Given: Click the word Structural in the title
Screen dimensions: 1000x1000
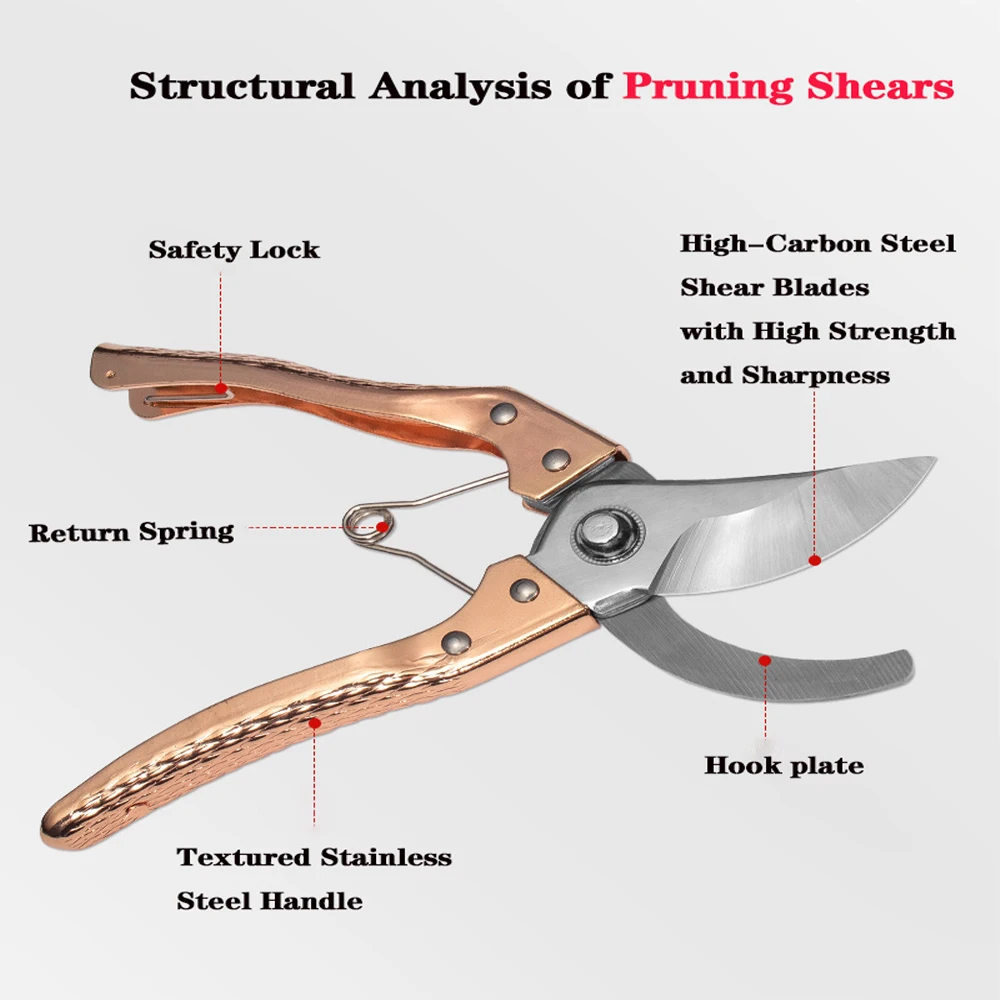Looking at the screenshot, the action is click(243, 86).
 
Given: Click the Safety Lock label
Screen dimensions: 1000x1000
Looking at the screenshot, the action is click(234, 250).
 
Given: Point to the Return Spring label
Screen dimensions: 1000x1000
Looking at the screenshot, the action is click(131, 531).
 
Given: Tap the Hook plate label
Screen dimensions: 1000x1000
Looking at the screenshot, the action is click(784, 766).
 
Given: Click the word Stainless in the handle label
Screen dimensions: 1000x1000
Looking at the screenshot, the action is click(385, 857).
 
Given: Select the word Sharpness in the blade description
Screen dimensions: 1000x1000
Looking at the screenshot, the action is click(816, 376).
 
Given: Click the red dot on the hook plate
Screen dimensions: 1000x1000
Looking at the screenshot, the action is click(765, 660).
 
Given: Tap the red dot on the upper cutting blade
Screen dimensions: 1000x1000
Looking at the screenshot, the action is click(815, 562).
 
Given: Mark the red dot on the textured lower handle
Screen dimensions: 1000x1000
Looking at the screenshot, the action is click(314, 720).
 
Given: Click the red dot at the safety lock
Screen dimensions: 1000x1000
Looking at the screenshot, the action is click(220, 386).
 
